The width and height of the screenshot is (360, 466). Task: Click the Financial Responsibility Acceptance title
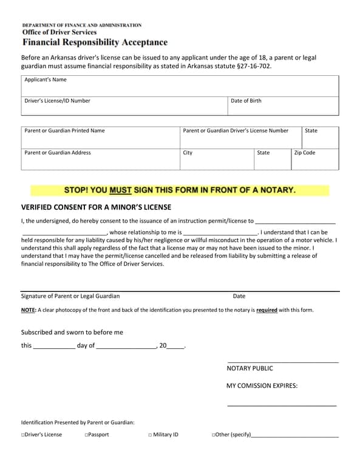point(95,42)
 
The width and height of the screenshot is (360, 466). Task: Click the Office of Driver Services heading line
point(59,32)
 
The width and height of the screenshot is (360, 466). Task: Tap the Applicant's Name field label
point(46,80)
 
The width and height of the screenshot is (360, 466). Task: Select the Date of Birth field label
point(246,101)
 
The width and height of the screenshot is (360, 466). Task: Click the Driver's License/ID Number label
point(57,101)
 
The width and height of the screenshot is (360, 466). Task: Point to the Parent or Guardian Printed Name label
point(64,130)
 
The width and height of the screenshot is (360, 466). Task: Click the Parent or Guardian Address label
point(58,153)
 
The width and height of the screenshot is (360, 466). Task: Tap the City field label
point(188,153)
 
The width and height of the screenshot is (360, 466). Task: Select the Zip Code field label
point(305,153)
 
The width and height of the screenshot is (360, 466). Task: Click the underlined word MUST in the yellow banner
point(120,191)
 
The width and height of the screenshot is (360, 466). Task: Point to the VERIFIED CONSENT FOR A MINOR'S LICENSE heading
point(96,208)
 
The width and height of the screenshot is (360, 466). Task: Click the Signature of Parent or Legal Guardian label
point(70,296)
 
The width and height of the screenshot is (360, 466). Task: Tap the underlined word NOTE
point(29,310)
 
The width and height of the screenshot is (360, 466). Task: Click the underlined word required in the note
point(267,310)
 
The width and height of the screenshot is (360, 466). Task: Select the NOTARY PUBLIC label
point(250,368)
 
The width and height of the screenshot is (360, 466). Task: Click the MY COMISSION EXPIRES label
point(262,385)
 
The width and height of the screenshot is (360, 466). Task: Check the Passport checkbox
point(87,435)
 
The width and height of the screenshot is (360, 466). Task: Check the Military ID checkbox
point(150,435)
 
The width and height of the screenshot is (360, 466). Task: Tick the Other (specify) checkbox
point(214,435)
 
